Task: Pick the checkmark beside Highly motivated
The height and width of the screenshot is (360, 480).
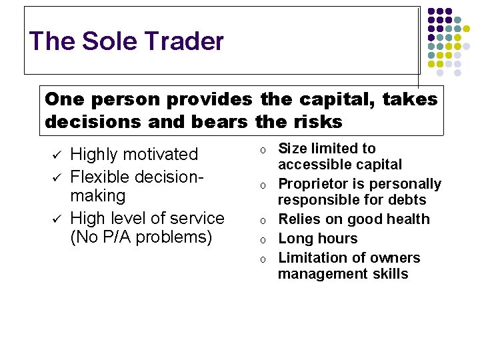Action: (56, 155)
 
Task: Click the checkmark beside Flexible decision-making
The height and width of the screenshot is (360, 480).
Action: (56, 175)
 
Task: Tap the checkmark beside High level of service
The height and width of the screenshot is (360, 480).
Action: (56, 218)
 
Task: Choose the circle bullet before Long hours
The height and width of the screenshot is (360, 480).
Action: (263, 239)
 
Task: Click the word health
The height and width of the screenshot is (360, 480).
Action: (407, 219)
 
